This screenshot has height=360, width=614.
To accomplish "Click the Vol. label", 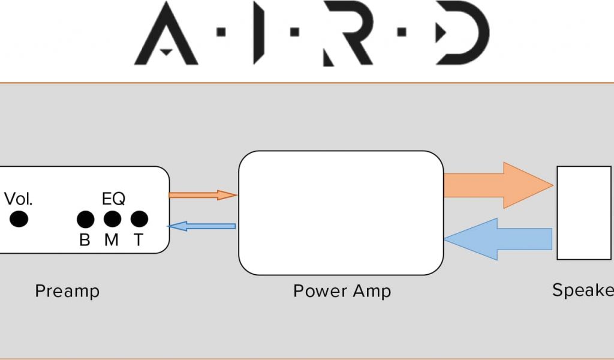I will click(19, 199).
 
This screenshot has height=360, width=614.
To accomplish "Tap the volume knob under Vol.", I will click(19, 220).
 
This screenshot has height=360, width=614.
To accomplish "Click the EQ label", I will click(113, 199).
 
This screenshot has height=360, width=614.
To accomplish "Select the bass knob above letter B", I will click(85, 220).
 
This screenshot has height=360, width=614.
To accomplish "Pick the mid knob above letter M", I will click(112, 220).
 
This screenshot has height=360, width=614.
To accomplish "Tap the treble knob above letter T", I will click(139, 220).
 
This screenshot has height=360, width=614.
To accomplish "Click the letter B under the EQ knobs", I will click(85, 241).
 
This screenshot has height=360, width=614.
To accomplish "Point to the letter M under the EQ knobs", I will click(112, 241).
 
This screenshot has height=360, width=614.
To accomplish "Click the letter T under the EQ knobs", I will click(139, 241).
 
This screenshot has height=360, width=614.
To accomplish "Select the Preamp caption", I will click(67, 292).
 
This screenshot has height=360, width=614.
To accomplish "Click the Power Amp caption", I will click(342, 292).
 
